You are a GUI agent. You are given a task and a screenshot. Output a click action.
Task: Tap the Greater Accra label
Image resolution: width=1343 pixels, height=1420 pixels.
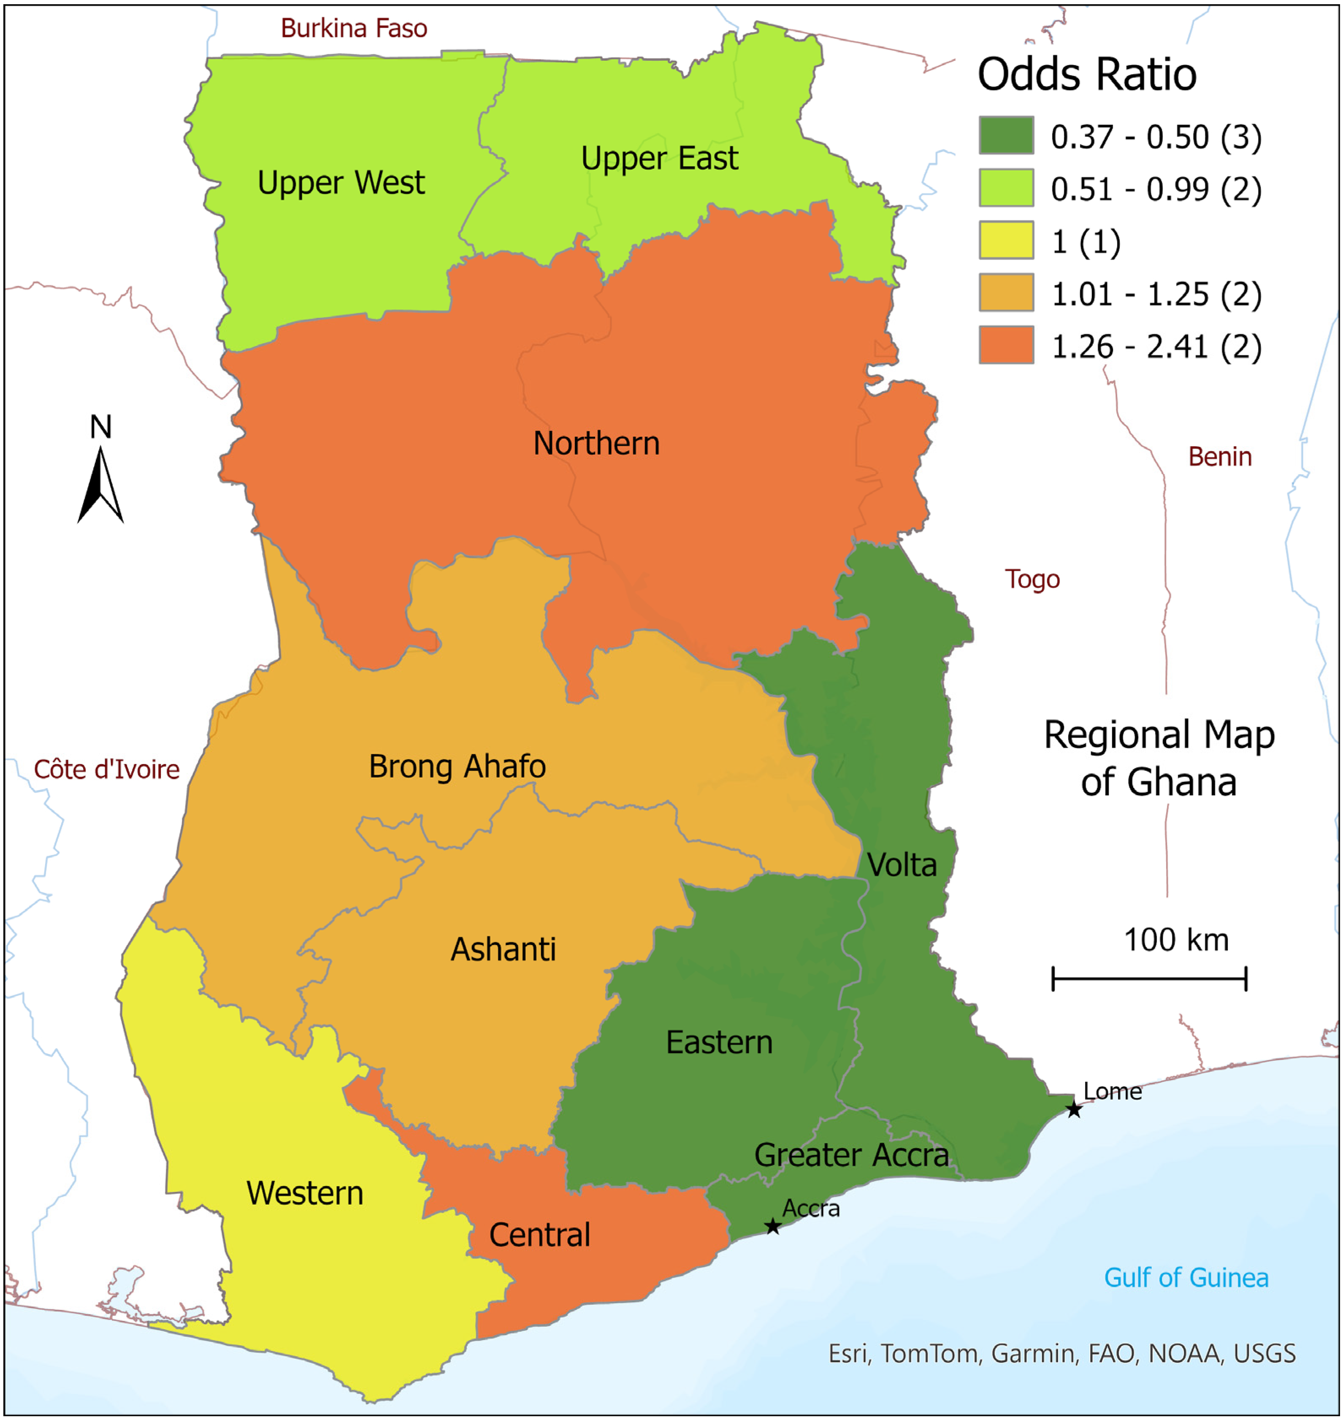click(851, 1155)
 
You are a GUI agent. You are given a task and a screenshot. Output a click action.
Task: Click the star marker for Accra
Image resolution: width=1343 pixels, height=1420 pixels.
click(772, 1227)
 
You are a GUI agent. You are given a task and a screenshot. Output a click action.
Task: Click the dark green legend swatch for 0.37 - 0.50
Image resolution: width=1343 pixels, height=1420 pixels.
click(1006, 135)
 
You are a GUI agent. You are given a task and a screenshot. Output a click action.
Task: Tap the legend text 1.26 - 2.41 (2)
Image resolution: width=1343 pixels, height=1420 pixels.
click(1156, 347)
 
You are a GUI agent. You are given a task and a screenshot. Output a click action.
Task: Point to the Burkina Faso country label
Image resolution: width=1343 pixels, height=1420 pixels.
click(354, 29)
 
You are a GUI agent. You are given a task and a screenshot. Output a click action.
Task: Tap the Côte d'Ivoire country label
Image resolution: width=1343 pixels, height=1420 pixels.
click(107, 770)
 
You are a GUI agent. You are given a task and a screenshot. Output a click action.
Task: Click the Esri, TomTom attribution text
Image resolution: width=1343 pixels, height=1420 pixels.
click(1061, 1353)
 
